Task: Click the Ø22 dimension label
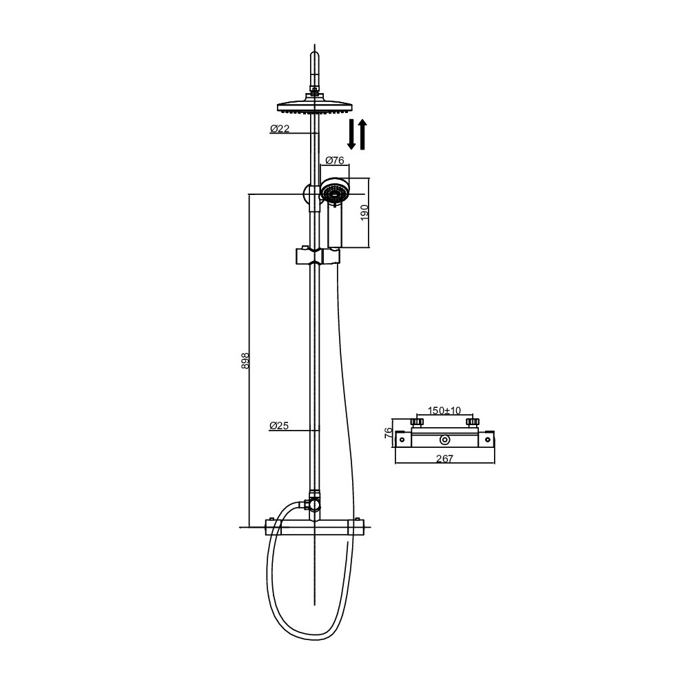coord(280,128)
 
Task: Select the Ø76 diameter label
coord(335,160)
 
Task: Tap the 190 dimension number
coord(364,213)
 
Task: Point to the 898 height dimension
coord(245,360)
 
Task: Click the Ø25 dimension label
coord(279,425)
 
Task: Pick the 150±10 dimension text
coord(444,411)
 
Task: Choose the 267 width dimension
coord(444,459)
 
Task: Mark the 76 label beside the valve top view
coord(389,433)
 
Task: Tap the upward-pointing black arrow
coord(362,134)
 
